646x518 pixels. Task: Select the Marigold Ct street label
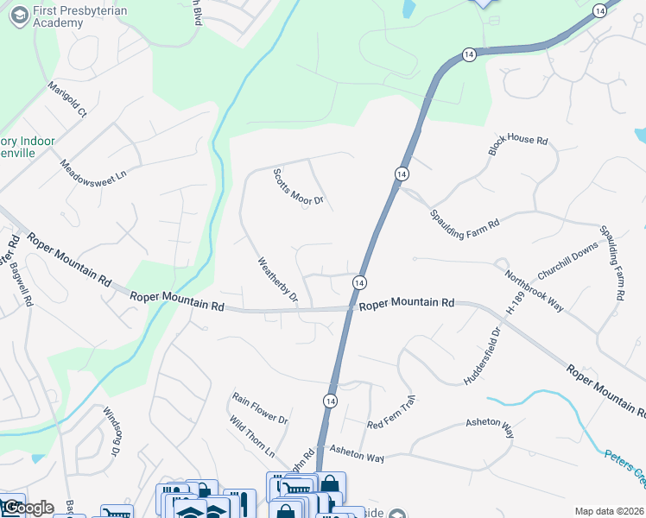coord(67,99)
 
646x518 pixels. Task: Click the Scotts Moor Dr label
coord(298,187)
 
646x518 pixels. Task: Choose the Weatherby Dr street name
coord(277,279)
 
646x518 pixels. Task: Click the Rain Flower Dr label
coord(259,407)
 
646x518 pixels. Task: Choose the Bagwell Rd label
coord(22,284)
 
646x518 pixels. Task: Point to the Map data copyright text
coord(609,511)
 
